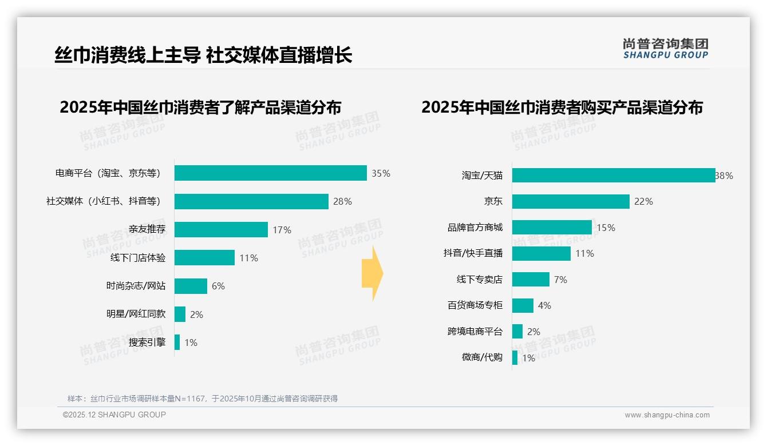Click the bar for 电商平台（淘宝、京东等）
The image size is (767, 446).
270,173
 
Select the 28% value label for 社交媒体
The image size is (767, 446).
342,201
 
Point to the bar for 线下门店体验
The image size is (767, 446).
204,258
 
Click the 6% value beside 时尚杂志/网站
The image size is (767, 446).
218,286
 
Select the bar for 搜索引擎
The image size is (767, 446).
177,343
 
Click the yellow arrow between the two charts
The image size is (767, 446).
373,274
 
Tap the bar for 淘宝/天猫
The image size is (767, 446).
613,176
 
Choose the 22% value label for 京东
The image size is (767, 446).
643,201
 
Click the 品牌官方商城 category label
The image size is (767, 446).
475,228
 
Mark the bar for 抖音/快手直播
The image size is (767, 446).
541,253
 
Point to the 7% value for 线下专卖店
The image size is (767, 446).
560,280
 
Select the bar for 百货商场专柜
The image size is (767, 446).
523,305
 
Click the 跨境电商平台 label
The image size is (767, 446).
475,332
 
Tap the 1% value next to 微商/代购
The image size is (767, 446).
528,358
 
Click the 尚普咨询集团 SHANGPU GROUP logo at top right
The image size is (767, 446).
665,49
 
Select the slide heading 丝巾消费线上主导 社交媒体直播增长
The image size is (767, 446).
203,55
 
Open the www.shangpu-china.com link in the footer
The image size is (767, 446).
667,415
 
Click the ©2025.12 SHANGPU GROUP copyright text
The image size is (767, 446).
114,415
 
